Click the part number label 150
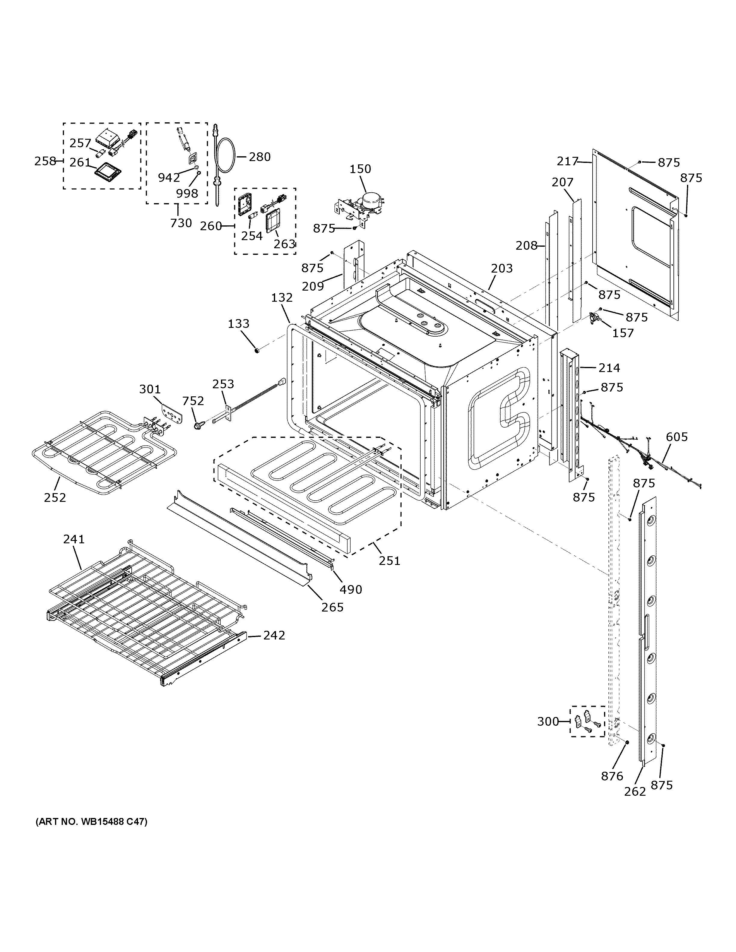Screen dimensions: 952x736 (360, 169)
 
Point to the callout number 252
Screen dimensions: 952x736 (55, 497)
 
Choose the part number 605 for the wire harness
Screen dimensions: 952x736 (677, 437)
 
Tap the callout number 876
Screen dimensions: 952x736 (612, 776)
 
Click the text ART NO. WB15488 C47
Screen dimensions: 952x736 (91, 822)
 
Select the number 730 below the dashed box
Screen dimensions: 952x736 (181, 223)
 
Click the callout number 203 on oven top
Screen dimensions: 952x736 (502, 269)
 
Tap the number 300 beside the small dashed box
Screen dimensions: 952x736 (547, 722)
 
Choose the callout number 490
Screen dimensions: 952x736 (351, 590)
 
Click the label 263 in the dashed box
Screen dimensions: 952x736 (284, 244)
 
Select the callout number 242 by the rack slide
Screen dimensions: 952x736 (274, 636)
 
